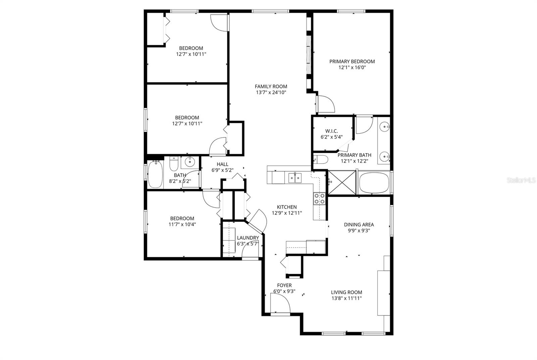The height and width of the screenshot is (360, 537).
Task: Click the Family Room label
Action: [271, 86]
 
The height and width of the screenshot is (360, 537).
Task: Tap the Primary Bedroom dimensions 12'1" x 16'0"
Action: [352, 67]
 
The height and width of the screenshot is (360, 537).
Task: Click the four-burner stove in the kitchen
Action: [319, 198]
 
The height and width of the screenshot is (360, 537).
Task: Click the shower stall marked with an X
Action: [342, 182]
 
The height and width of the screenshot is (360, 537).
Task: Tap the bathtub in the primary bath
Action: [374, 183]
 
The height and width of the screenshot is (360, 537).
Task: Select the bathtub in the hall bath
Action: [155, 175]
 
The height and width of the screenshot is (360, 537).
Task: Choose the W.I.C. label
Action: [332, 131]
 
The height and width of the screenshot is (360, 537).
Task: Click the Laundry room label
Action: [248, 238]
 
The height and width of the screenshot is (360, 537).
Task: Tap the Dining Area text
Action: [359, 225]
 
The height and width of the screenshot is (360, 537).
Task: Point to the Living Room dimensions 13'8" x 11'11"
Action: [346, 298]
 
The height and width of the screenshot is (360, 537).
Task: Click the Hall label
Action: [222, 164]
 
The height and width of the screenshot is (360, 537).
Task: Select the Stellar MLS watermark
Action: [521, 180]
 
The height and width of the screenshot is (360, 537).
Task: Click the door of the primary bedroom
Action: [326, 104]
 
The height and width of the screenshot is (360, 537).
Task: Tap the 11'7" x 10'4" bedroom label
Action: [182, 224]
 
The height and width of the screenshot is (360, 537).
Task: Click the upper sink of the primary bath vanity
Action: [385, 127]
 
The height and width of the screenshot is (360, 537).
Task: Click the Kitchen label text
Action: [287, 207]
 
